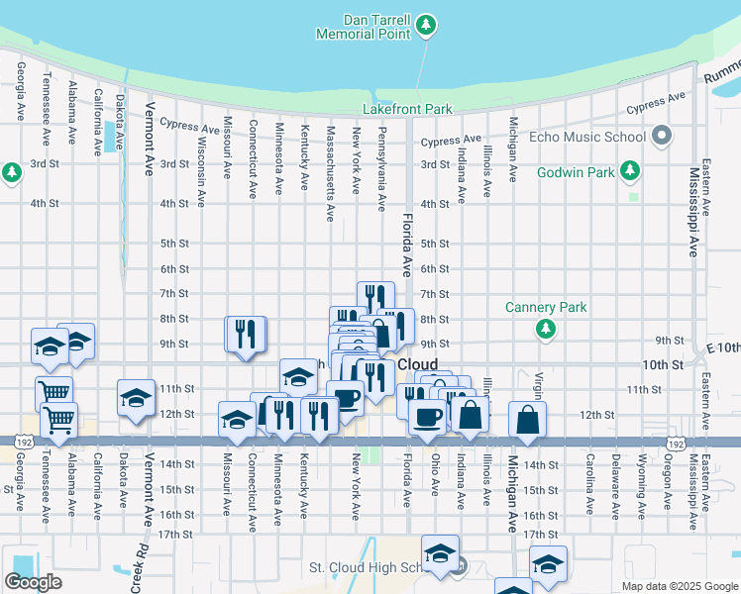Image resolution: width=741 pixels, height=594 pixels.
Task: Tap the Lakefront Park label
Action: pyautogui.click(x=407, y=109)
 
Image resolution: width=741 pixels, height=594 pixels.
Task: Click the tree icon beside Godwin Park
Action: pyautogui.click(x=628, y=171)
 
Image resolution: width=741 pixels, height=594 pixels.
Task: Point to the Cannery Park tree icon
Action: pyautogui.click(x=545, y=329)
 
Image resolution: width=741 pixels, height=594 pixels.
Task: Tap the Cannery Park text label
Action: pyautogui.click(x=545, y=307)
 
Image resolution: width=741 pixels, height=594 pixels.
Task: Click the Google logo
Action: pyautogui.click(x=33, y=582)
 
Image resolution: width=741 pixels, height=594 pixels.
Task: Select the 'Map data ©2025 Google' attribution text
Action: pyautogui.click(x=679, y=586)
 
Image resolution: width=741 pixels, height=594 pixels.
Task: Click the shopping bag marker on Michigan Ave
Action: pyautogui.click(x=529, y=421)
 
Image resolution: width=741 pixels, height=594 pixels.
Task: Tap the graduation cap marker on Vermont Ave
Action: pyautogui.click(x=136, y=398)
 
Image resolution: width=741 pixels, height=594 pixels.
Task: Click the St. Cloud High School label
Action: pyautogui.click(x=365, y=567)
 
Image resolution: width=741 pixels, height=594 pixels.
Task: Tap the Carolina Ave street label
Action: pyautogui.click(x=589, y=486)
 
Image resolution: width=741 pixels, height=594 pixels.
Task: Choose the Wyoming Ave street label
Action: pyautogui.click(x=642, y=487)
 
